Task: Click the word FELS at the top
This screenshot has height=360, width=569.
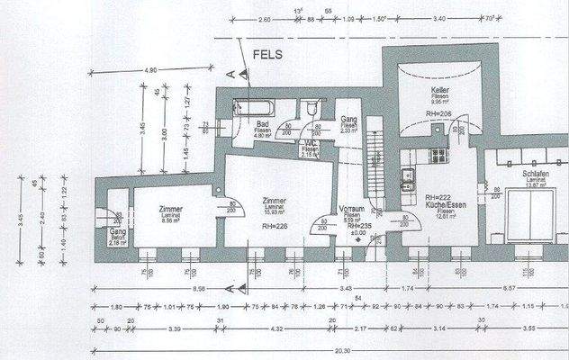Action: (268, 55)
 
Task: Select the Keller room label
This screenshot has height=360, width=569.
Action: (439, 91)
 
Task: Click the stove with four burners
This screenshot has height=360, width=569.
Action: (438, 154)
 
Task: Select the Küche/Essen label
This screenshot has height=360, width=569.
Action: (443, 205)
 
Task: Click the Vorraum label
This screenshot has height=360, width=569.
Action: (349, 209)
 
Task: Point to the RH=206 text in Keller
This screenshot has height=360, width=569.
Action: (439, 113)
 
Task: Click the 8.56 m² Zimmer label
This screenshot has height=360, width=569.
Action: (169, 211)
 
